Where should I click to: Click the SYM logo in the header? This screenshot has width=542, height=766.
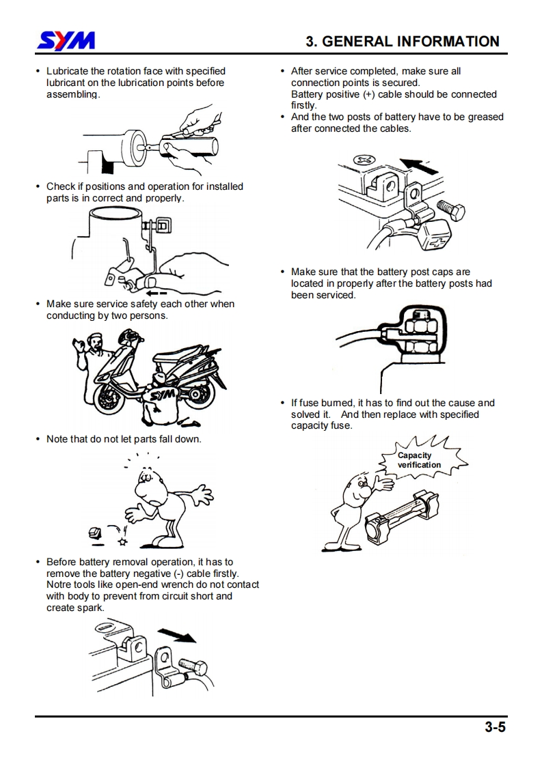tap(66, 42)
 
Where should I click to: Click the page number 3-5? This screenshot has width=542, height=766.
tap(495, 728)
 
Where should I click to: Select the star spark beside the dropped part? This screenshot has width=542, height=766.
tap(122, 541)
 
